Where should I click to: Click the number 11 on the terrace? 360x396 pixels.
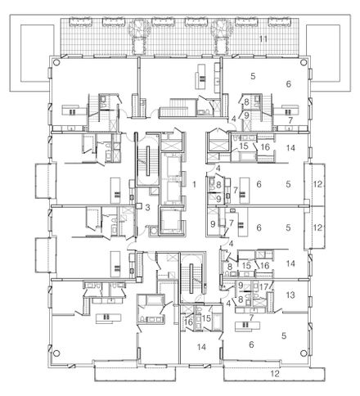[x=263, y=39]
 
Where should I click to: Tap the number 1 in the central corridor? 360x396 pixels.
[x=194, y=185]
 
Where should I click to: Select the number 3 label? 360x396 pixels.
[x=147, y=208]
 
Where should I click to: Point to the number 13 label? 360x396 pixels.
[x=290, y=295]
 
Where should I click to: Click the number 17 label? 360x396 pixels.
[x=263, y=287]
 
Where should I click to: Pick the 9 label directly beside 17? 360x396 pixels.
[x=241, y=286]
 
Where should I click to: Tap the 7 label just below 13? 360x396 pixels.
[x=251, y=317]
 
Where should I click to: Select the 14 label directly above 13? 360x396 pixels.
[x=290, y=263]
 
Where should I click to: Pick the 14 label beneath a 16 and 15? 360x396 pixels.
[x=202, y=347]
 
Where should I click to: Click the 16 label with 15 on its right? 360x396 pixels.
[x=188, y=322]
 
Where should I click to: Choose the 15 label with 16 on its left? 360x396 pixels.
[x=207, y=318]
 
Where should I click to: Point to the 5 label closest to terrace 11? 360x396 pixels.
[x=253, y=76]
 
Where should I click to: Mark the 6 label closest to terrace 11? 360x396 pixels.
[x=289, y=84]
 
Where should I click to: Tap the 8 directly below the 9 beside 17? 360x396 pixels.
[x=241, y=299]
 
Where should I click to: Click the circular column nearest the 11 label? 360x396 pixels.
[x=303, y=62]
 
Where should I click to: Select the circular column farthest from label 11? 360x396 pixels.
[x=56, y=353]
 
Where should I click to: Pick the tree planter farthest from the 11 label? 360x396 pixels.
[x=139, y=37]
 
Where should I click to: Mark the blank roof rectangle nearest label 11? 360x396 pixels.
[x=323, y=53]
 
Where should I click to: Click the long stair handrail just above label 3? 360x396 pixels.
[x=147, y=161]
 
